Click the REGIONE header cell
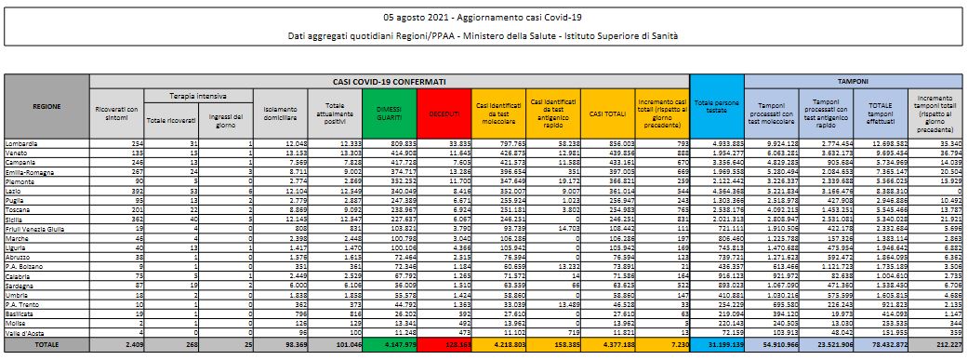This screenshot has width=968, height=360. click(x=46, y=106)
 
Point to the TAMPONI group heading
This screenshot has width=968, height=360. click(x=847, y=82)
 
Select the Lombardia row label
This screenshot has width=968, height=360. click(x=24, y=143)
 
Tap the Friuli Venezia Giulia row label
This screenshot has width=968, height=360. click(x=37, y=226)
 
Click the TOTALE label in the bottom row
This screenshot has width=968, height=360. click(x=46, y=344)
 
